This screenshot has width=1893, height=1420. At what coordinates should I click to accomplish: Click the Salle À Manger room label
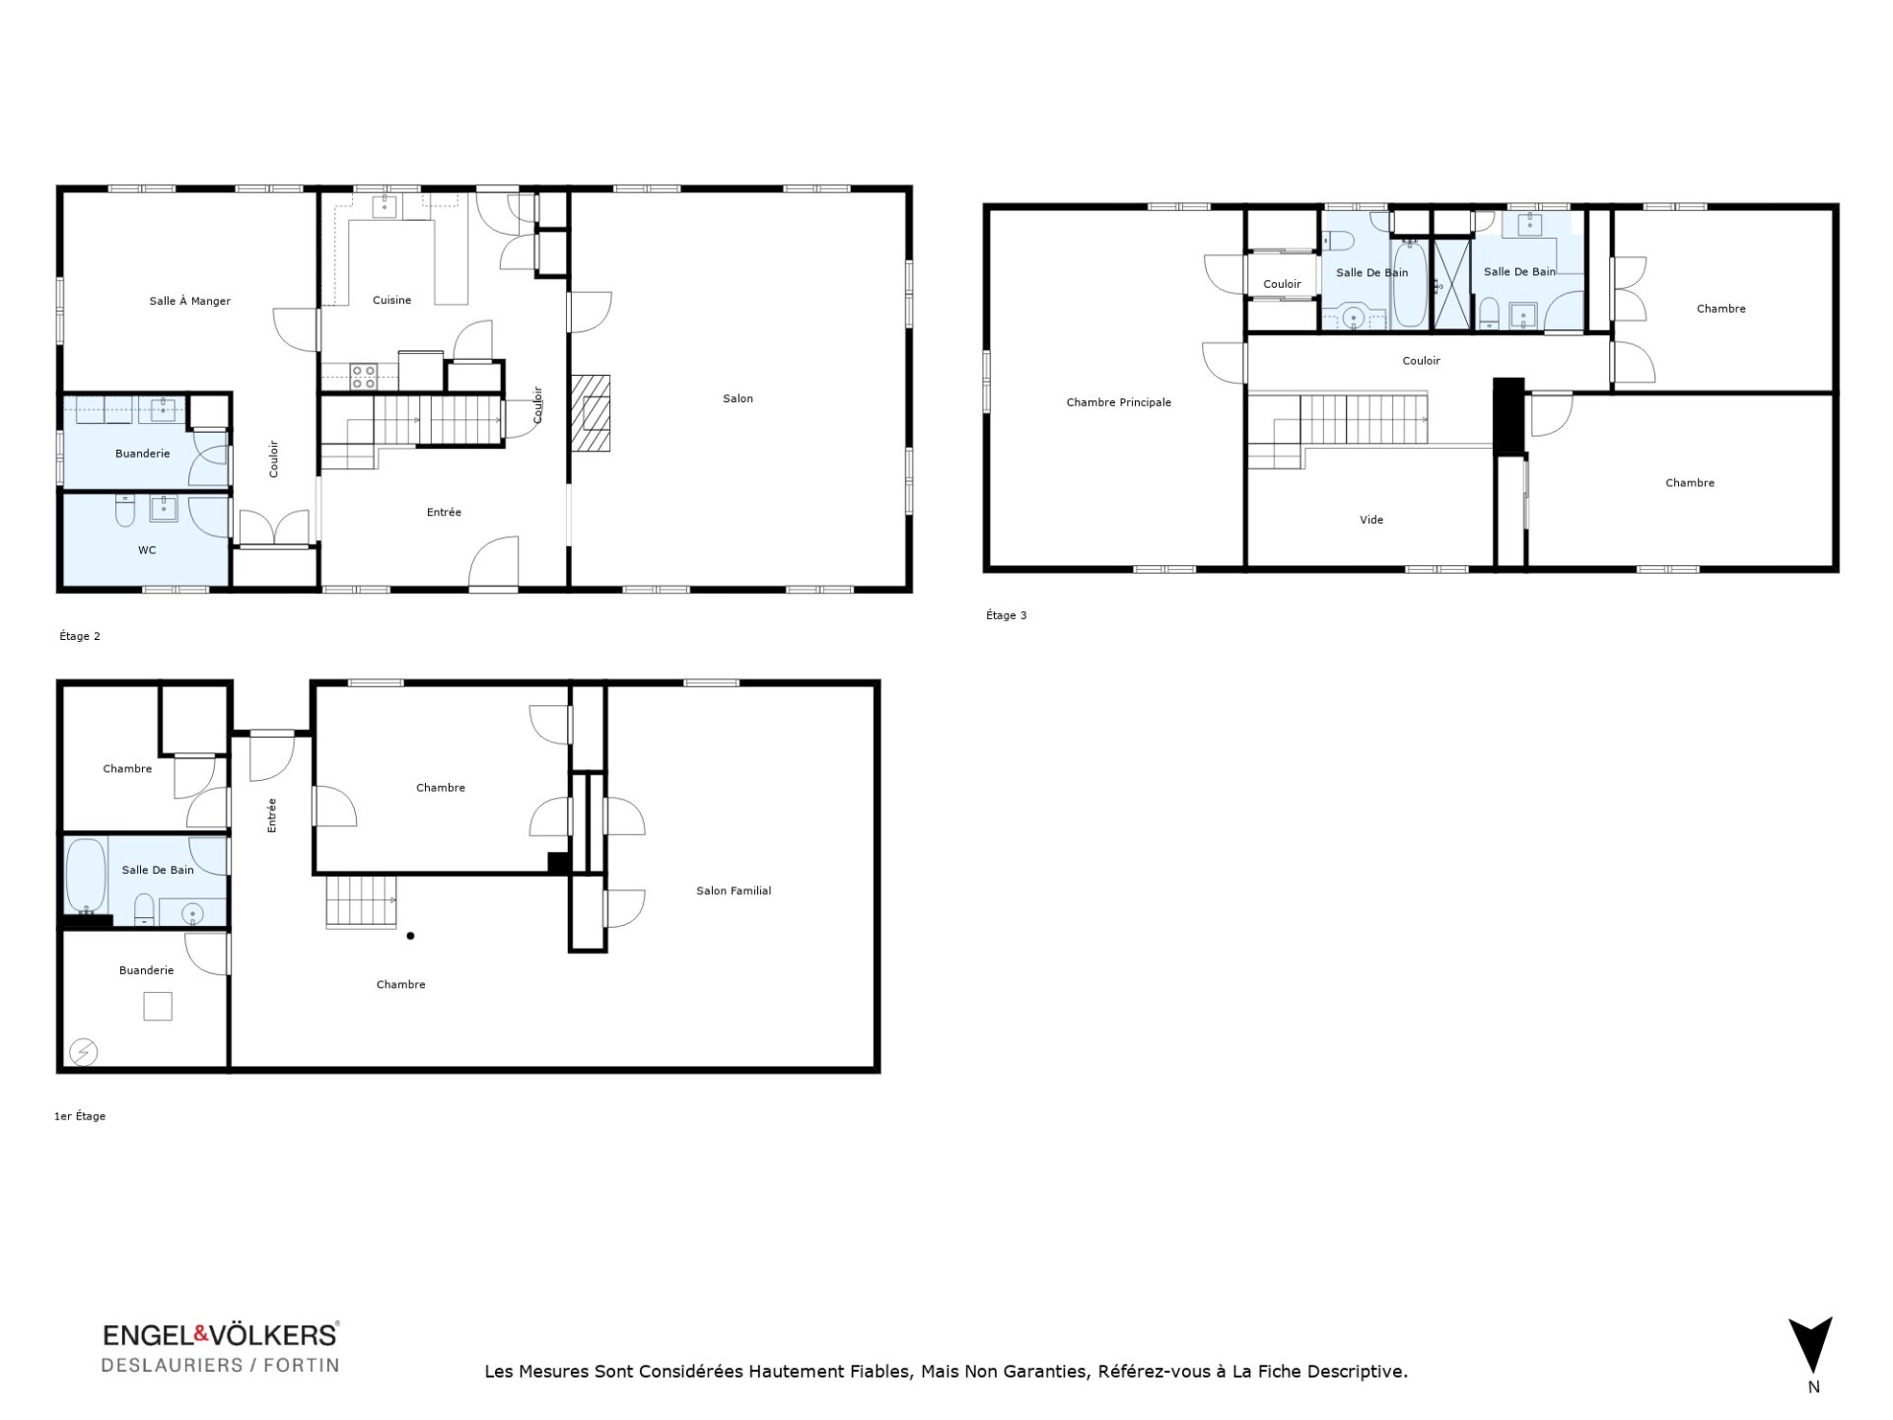click(x=190, y=301)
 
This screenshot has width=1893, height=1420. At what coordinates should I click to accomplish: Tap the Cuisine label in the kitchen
click(x=391, y=300)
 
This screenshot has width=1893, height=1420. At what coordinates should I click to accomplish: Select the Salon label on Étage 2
click(x=737, y=398)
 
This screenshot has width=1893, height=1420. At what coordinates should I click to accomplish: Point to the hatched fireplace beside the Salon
click(x=591, y=413)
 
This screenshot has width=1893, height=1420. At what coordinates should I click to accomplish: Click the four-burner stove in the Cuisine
click(x=363, y=376)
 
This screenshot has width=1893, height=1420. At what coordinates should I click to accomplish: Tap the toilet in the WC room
click(x=125, y=511)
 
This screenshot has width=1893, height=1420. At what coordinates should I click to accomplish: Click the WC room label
click(x=147, y=550)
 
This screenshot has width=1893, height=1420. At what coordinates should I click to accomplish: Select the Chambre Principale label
click(x=1119, y=402)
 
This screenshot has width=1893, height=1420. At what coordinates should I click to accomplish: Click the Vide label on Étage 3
click(x=1371, y=520)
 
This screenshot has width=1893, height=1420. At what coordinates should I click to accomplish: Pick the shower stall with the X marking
click(x=1451, y=283)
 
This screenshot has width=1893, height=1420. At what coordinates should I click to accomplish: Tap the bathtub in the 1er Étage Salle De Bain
click(x=86, y=877)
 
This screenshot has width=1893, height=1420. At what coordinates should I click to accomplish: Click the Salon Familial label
click(x=734, y=890)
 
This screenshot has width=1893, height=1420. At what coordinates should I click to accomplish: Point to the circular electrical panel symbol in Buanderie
click(x=84, y=1052)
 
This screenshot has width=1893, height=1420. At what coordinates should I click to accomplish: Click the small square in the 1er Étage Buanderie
click(x=158, y=1006)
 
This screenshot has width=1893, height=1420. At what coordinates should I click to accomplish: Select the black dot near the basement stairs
click(x=411, y=936)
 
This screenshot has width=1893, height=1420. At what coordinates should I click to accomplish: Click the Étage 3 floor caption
click(x=1006, y=615)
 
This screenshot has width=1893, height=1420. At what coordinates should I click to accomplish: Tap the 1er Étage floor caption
click(x=80, y=1116)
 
